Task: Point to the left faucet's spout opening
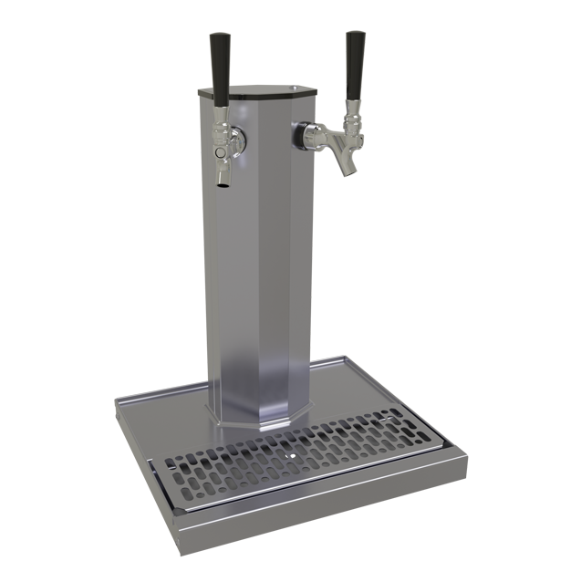[222, 186]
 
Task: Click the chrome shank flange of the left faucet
[235, 139]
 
